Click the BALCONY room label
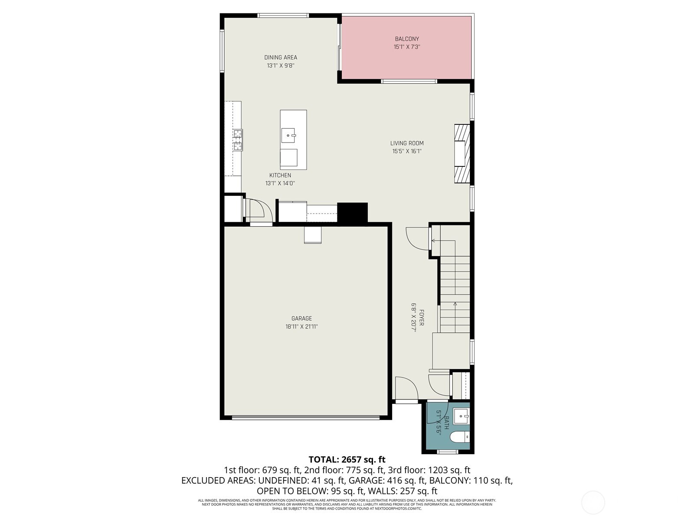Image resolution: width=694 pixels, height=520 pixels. (x=407, y=39)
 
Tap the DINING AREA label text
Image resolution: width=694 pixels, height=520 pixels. (x=281, y=57)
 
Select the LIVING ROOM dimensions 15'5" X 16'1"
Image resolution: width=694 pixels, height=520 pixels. (x=407, y=151)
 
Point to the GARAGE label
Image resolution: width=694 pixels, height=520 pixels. (x=301, y=318)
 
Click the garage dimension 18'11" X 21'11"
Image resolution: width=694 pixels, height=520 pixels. (x=301, y=327)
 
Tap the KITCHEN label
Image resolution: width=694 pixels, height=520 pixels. (x=280, y=175)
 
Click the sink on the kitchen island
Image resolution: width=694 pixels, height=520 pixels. (x=288, y=136)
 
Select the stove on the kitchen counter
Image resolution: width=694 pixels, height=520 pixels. (x=238, y=140)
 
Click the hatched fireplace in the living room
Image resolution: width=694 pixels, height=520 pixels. (x=462, y=153)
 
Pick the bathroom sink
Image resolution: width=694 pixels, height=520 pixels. (x=461, y=416)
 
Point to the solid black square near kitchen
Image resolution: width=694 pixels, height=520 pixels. (x=352, y=212)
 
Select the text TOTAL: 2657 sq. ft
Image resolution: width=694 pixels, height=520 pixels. (x=347, y=459)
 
